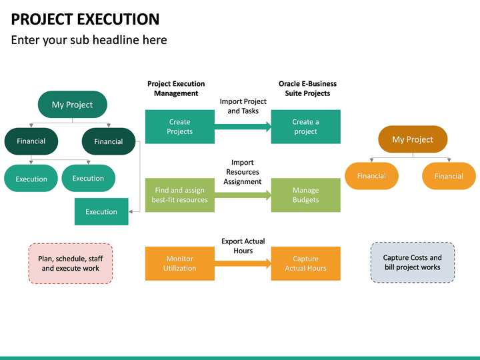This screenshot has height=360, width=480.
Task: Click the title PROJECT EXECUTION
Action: (85, 19)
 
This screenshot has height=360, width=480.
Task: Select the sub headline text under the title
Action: (89, 40)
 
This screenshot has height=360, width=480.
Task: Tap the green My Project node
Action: (72, 105)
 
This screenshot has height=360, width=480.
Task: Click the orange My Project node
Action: (413, 139)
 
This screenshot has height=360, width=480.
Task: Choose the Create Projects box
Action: (180, 127)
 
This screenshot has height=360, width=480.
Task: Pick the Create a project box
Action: (305, 127)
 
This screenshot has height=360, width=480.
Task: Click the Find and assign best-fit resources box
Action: (180, 195)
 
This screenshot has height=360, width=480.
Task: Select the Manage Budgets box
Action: (305, 195)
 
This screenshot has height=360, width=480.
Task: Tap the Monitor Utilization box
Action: (180, 263)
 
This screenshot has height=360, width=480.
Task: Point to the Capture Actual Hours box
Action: (305, 263)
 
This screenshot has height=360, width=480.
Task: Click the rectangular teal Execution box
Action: (101, 212)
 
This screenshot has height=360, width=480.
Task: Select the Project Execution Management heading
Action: (176, 89)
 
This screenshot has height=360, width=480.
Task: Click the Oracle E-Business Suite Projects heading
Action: (307, 89)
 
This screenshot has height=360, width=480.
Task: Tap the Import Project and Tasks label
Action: (243, 106)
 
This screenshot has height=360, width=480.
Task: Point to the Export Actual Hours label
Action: (243, 246)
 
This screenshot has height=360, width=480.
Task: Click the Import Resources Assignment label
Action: (243, 172)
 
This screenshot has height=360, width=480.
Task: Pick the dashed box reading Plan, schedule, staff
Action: (71, 263)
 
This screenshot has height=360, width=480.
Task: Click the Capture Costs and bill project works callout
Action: (412, 263)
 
